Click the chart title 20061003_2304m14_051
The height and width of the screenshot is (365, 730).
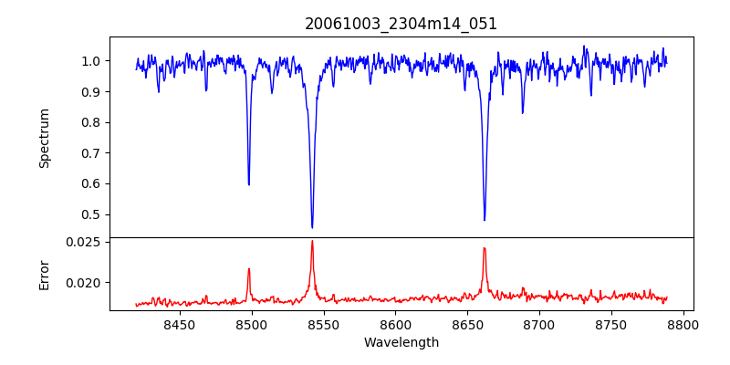(401, 24)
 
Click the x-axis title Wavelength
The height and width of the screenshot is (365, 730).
(401, 343)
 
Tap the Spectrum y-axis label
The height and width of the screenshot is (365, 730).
(45, 138)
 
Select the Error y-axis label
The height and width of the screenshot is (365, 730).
(45, 275)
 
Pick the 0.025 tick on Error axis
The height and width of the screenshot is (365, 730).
(86, 242)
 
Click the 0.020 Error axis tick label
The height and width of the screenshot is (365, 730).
(86, 283)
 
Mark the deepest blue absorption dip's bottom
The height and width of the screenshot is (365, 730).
(312, 227)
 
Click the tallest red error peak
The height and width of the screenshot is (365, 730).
(312, 241)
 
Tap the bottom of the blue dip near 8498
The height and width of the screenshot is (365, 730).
(249, 184)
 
